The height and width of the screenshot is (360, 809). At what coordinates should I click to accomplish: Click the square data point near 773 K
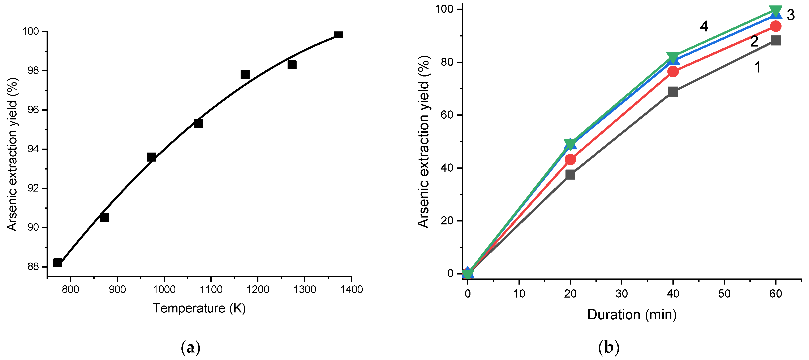pos(58,263)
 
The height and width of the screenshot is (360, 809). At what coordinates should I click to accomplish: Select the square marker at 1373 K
pos(339,35)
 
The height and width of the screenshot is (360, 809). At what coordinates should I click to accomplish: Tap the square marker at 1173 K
pos(245,75)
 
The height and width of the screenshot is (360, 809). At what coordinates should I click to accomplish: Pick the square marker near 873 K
pos(105,218)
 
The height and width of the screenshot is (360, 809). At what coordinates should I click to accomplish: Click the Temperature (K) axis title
pos(199,308)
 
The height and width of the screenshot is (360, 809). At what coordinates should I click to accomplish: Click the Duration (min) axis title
pos(632,315)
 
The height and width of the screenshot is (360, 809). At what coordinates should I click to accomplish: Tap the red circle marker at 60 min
pos(776,26)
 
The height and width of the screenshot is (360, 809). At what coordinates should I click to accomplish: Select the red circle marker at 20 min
pos(570,159)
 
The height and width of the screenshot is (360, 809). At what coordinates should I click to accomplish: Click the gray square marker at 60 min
pos(776,40)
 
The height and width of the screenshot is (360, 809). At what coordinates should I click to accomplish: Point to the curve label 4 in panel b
pos(704,27)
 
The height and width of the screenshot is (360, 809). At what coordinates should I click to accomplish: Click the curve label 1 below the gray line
pos(757,67)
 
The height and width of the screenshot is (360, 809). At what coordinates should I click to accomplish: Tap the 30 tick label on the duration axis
pos(621,294)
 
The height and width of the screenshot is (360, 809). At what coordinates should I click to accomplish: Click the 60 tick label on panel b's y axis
pos(447,115)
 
